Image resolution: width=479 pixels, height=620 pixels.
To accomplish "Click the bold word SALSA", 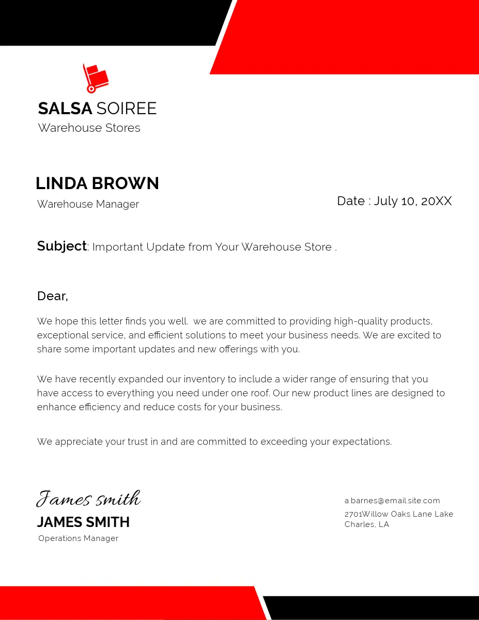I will tap(65, 109).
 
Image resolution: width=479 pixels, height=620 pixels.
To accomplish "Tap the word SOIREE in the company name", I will tap(127, 109).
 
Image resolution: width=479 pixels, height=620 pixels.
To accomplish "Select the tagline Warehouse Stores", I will tap(89, 128).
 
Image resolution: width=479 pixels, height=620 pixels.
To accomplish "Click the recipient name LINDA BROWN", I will tap(97, 183).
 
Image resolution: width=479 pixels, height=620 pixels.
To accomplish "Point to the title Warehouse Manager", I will tap(88, 204).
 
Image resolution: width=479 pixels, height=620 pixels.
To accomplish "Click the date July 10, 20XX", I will tap(412, 201).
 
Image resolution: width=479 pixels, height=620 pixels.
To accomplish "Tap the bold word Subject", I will tap(61, 246).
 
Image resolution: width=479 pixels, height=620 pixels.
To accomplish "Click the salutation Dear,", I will tap(52, 296).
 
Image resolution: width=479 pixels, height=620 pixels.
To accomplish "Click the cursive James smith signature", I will tap(88, 499).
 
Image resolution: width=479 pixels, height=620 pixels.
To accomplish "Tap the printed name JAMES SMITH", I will tap(83, 522).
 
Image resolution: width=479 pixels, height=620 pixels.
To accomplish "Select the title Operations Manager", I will tap(79, 538).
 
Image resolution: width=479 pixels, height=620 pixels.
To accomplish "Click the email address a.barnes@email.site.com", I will tap(392, 501).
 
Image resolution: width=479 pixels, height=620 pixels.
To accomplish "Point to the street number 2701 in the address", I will tap(353, 514).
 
